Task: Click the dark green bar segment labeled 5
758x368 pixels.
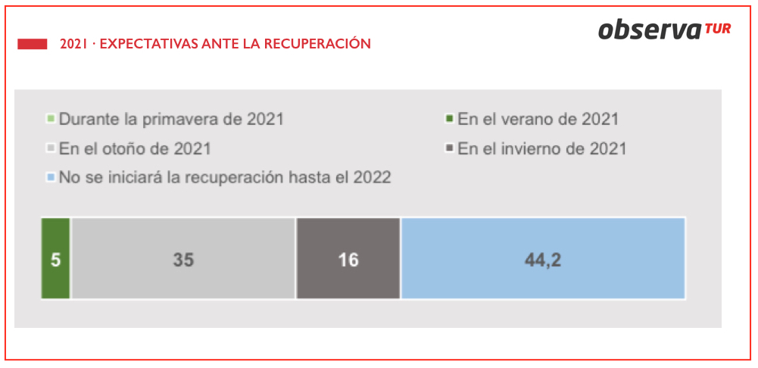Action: pos(55,259)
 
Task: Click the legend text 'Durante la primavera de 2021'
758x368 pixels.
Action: pos(171,120)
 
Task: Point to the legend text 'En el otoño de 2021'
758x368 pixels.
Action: pos(135,148)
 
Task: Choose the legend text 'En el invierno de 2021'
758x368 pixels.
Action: pos(542,148)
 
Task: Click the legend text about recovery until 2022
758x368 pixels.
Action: pos(224,178)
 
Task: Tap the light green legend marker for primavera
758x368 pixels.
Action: pos(51,120)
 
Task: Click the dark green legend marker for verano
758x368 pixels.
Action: pos(449,120)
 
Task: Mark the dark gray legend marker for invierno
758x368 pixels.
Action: pos(449,148)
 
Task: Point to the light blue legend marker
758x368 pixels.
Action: pos(51,178)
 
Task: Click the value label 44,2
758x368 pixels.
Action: pos(543,260)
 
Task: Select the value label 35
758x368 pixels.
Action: pos(183,260)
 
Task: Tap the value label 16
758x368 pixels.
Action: pos(348,260)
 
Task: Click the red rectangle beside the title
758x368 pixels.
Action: pos(33,44)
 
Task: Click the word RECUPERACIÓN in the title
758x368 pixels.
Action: pos(319,44)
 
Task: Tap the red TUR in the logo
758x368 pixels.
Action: pos(718,29)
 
